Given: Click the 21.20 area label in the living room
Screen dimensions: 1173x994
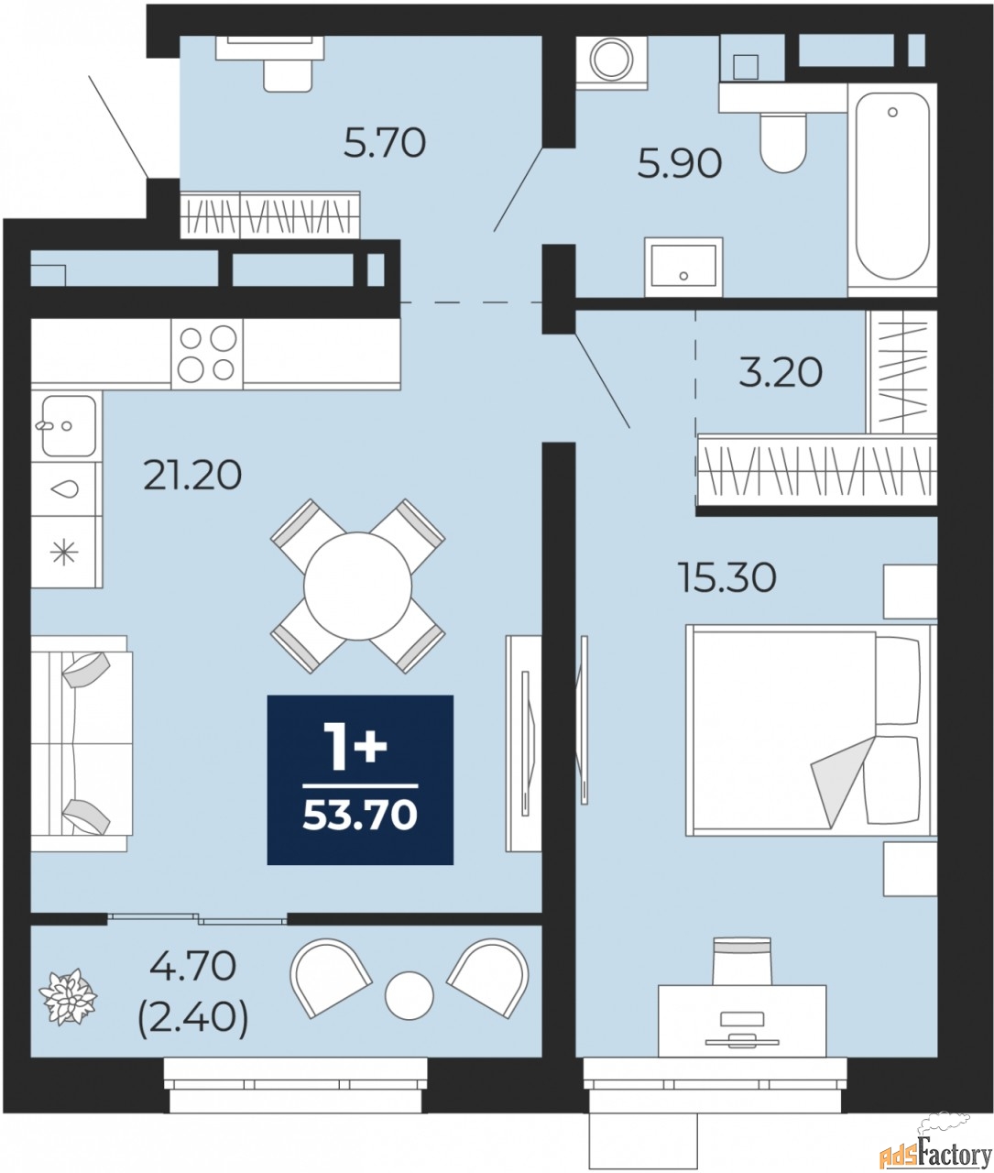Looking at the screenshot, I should (192, 475).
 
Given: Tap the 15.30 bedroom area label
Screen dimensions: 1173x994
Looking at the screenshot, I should (726, 577).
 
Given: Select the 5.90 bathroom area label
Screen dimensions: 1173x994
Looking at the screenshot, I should (680, 163).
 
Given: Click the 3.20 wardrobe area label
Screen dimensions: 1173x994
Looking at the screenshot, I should (781, 372).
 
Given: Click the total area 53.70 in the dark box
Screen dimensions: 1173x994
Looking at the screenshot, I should (360, 813).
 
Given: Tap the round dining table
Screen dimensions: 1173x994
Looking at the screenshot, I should (357, 586).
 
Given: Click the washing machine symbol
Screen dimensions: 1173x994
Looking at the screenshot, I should (610, 60).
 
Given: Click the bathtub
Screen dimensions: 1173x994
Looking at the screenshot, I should (892, 188).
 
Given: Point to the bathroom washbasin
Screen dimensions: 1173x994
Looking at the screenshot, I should (683, 267).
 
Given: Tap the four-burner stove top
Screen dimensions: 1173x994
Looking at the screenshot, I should (207, 353).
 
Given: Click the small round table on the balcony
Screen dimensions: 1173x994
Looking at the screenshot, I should (409, 995).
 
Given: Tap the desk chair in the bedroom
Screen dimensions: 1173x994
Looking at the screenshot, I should (742, 959).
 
